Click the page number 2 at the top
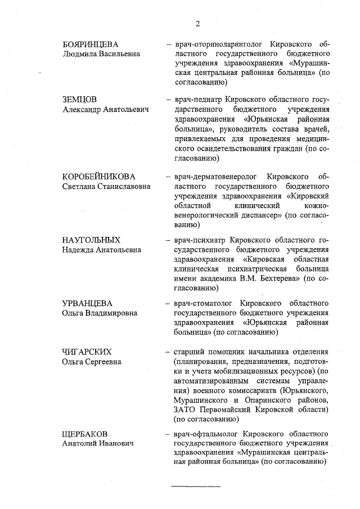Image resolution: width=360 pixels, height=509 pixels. click(x=197, y=23)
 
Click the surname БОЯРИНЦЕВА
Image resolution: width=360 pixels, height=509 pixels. click(x=92, y=44)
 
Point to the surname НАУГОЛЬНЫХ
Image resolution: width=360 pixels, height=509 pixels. click(x=91, y=240)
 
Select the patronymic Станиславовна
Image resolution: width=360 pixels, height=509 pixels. click(x=123, y=186)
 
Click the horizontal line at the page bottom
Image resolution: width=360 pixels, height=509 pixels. click(x=196, y=485)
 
